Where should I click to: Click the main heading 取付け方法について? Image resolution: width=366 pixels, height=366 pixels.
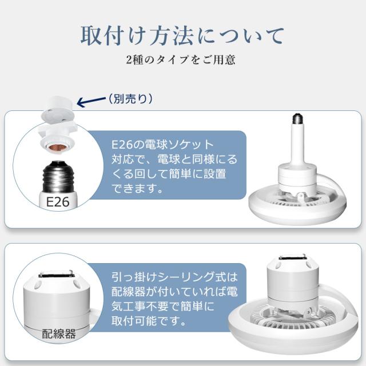(x=182, y=35)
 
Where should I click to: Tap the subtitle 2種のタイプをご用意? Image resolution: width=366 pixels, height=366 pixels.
(x=181, y=59)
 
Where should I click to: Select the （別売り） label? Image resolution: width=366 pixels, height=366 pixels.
(x=130, y=99)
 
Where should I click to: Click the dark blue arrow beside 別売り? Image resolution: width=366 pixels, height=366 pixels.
(x=91, y=102)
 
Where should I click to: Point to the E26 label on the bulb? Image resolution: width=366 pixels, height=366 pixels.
(x=58, y=202)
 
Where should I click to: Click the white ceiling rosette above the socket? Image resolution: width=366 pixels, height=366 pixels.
(x=58, y=109)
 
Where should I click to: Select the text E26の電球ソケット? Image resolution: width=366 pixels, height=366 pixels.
(x=162, y=145)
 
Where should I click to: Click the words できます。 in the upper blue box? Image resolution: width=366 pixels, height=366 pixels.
(x=137, y=188)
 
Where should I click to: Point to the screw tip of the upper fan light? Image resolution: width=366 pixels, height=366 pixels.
(x=296, y=119)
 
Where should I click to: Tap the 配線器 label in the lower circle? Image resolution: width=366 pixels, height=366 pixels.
(x=58, y=334)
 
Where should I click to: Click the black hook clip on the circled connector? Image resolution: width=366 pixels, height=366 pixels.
(x=56, y=274)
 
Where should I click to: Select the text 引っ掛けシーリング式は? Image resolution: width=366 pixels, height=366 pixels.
(x=174, y=277)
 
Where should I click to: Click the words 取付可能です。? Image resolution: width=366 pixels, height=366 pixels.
(x=149, y=321)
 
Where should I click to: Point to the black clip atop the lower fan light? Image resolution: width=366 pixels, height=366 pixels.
(x=292, y=257)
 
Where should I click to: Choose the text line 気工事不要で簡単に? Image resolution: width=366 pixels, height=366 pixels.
(x=162, y=307)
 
